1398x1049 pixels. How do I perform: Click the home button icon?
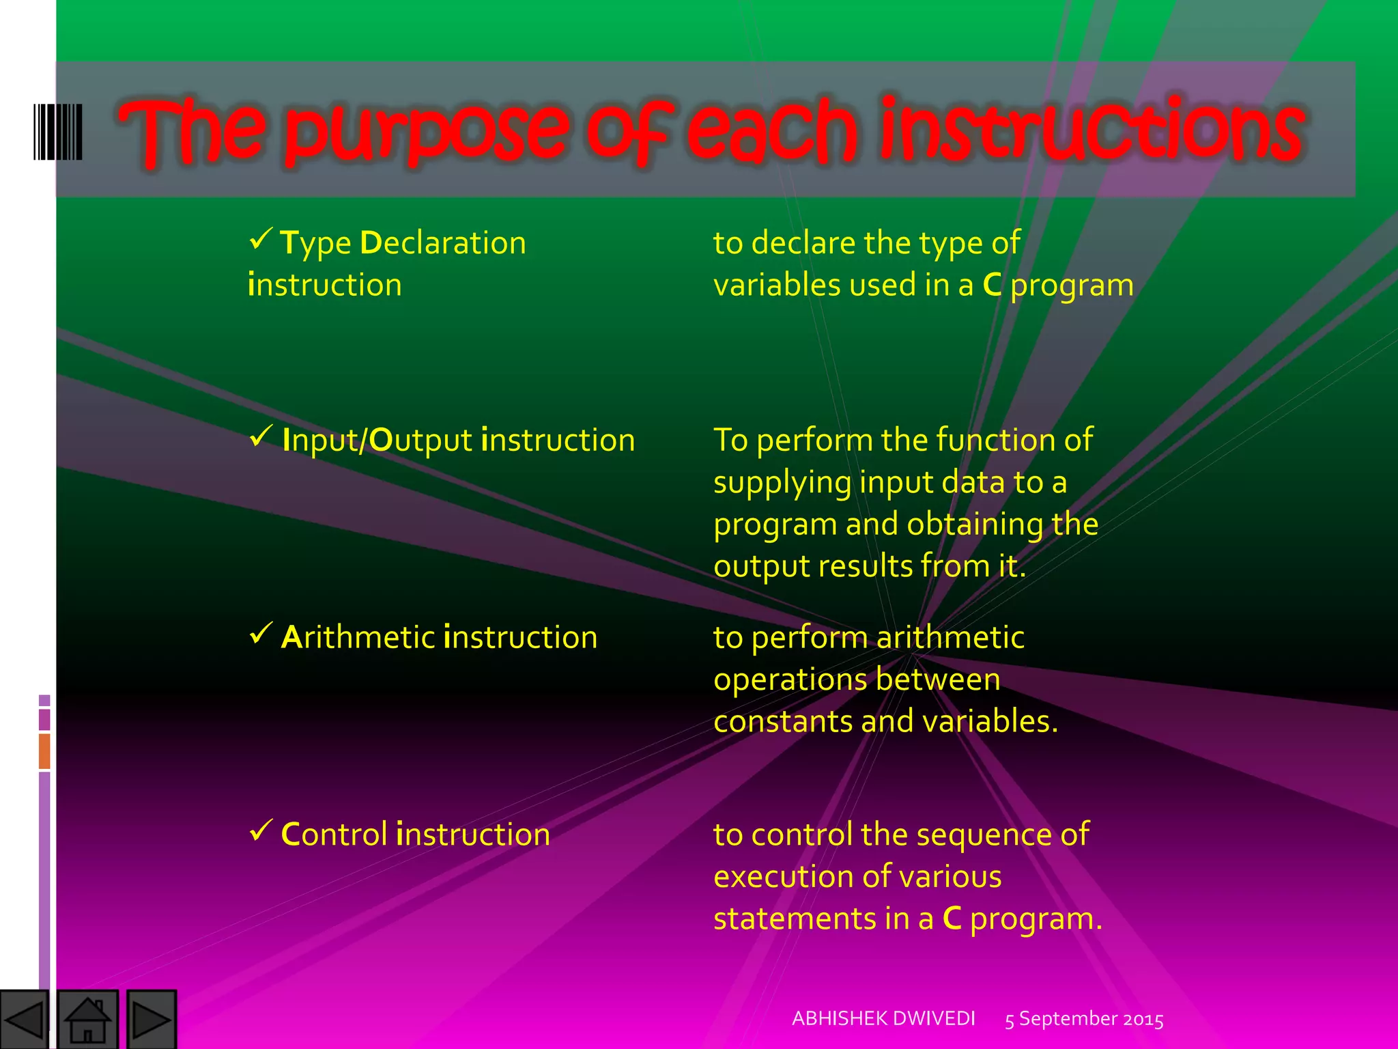(87, 1020)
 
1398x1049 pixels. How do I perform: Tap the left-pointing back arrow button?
(25, 1020)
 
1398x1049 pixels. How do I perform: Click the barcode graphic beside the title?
(58, 132)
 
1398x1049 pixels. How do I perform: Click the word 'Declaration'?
(443, 243)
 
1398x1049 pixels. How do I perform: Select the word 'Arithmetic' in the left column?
(358, 637)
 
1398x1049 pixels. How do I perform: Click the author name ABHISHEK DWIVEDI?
(883, 1018)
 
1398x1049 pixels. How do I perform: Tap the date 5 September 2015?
(1084, 1019)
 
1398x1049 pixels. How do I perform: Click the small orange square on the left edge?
(44, 751)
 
